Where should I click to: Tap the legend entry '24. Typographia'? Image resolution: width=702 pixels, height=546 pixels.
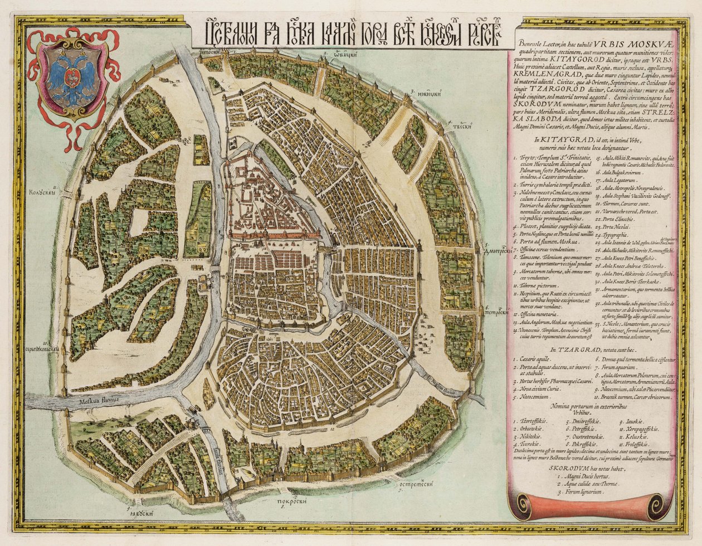(616, 235)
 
